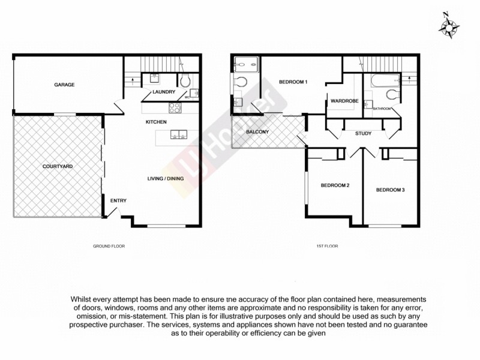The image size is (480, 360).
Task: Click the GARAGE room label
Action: [x=65, y=85]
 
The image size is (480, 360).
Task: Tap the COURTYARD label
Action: [x=58, y=166]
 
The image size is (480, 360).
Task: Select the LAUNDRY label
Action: [x=164, y=92]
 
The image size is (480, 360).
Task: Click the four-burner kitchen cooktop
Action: [x=175, y=109]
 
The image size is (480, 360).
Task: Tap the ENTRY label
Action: [x=118, y=200]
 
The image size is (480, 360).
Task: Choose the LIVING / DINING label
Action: [x=166, y=178]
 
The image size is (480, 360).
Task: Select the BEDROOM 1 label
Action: [x=293, y=82]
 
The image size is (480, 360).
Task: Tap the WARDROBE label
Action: [x=344, y=101]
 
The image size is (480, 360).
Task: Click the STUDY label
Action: [x=363, y=133]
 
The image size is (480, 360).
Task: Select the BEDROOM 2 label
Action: [x=335, y=185]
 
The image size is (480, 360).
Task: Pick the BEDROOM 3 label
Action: [x=391, y=190]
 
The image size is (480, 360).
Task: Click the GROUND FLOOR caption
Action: [x=109, y=246]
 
